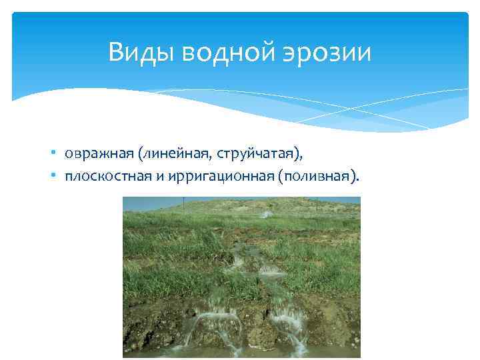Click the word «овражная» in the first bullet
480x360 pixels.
99,155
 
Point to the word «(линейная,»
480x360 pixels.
169,155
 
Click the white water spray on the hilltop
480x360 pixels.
266,213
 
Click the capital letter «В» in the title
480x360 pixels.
115,52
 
